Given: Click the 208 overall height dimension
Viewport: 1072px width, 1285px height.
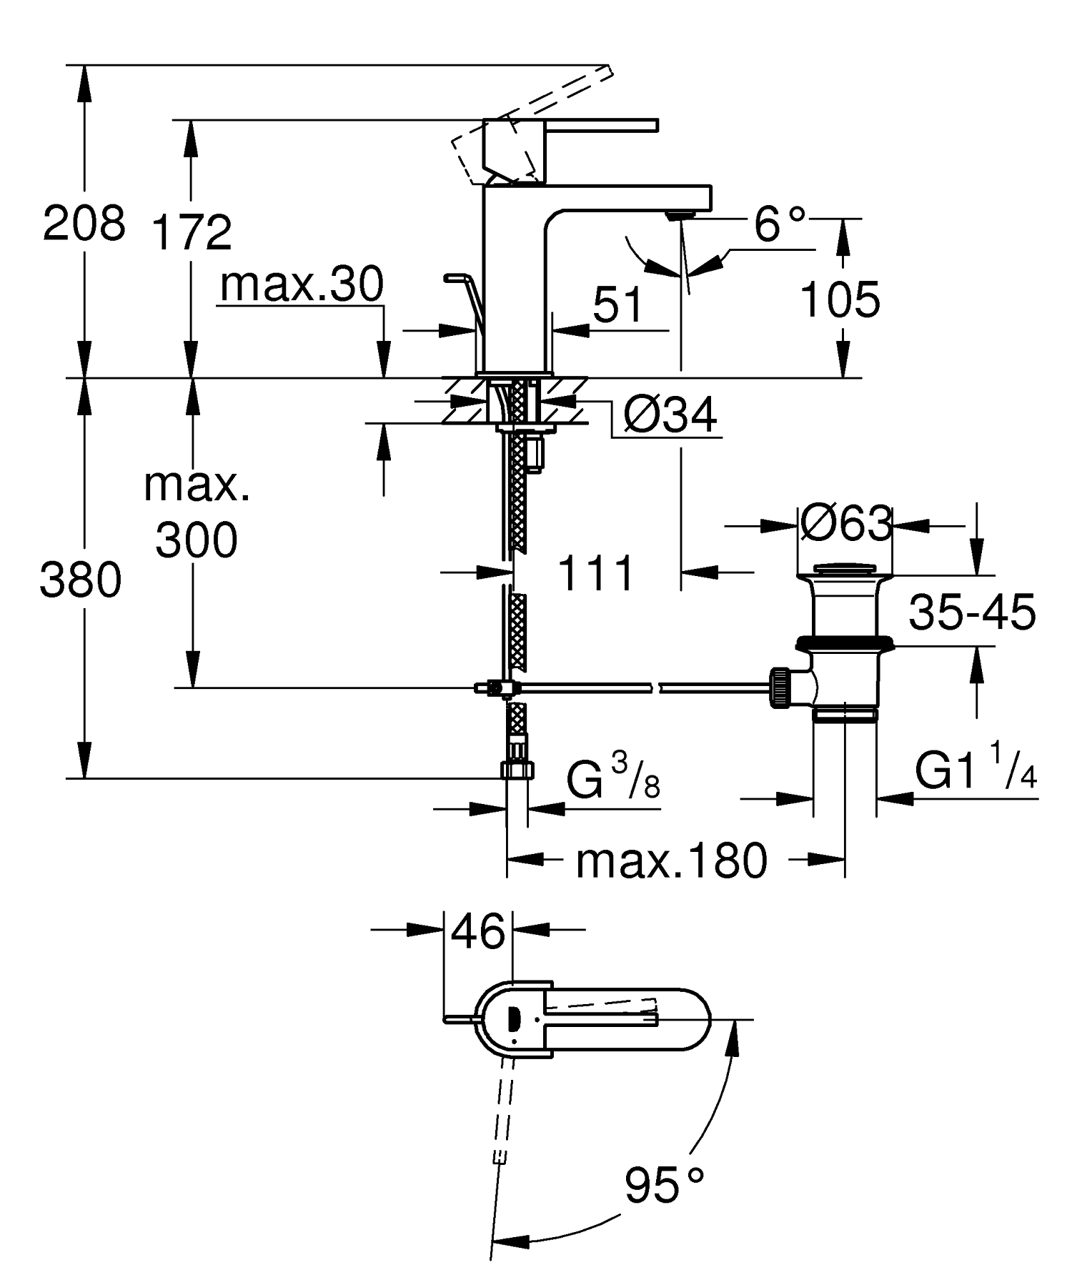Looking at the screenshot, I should click(84, 224).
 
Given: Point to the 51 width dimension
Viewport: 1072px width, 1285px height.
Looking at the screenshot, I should click(618, 306).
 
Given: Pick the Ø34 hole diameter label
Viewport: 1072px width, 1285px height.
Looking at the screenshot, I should click(670, 415).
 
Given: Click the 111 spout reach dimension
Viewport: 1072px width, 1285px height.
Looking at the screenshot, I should click(596, 573).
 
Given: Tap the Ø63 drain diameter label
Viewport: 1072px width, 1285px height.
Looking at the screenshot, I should click(846, 524).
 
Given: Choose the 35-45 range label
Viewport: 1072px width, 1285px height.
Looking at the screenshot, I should click(972, 612).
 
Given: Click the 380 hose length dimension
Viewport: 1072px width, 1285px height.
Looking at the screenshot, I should click(80, 580).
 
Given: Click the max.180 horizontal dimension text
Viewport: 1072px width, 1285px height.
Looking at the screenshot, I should click(671, 861).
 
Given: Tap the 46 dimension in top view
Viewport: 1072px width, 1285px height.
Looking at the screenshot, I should click(478, 932).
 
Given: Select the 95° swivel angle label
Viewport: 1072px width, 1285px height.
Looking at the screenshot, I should click(664, 1185).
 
